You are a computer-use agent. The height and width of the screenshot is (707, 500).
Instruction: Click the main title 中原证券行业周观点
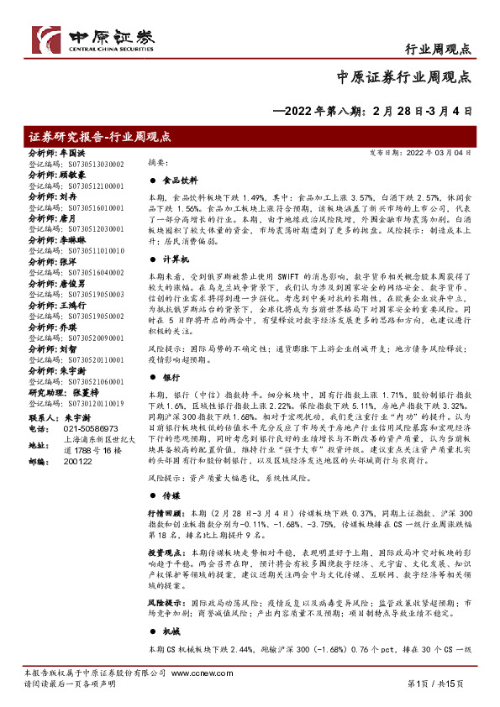pyautogui.click(x=403, y=77)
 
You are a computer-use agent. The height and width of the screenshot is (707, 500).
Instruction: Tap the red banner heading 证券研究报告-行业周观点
pyautogui.click(x=100, y=136)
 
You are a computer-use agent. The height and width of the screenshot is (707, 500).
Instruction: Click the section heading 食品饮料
pyautogui.click(x=180, y=181)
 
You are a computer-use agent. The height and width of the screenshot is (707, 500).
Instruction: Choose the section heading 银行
pyautogui.click(x=171, y=377)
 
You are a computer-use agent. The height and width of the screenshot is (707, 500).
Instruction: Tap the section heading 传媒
pyautogui.click(x=171, y=495)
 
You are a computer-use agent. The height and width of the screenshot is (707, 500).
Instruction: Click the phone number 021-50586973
pyautogui.click(x=89, y=429)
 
